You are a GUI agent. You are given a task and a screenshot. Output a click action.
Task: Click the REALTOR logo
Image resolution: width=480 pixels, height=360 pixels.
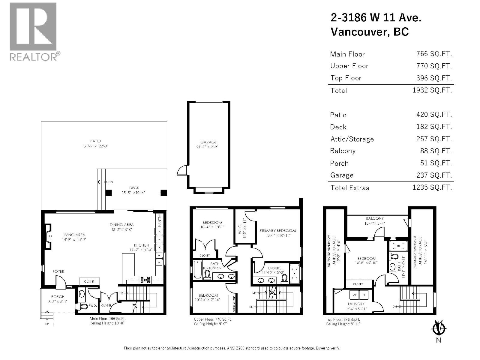coord(33,31)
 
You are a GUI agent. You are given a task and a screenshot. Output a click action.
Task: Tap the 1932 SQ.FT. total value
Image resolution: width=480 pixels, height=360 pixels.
coord(432,90)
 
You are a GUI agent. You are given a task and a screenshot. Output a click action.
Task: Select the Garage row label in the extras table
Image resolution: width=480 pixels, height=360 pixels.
coord(342,175)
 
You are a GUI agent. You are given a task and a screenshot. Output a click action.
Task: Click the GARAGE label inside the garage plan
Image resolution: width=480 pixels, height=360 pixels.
coord(208,142)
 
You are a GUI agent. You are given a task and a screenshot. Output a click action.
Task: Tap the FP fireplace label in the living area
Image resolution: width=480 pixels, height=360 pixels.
coord(50,237)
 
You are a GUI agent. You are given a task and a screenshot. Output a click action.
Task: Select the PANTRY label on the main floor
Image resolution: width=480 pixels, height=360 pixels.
coord(160,220)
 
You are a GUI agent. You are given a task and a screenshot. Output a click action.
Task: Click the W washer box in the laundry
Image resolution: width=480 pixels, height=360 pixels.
coord(354,295)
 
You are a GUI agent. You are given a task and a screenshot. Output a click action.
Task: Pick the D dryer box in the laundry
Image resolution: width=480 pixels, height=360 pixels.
coord(364,295)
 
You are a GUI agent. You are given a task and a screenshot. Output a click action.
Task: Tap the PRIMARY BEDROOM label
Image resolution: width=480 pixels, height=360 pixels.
coord(278,230)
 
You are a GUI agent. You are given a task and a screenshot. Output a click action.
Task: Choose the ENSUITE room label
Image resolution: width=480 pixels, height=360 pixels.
coord(275,268)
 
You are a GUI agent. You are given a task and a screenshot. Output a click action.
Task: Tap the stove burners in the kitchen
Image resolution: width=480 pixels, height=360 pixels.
coord(145,280)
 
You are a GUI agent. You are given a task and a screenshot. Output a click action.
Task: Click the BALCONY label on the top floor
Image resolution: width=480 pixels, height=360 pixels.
coord(375,218)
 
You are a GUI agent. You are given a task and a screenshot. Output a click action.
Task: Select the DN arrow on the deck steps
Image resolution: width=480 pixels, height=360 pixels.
coord(105,182)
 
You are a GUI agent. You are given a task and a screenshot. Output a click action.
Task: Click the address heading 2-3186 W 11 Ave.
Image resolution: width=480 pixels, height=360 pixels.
coord(376,18)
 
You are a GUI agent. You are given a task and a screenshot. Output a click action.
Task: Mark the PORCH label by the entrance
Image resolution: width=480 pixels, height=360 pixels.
coord(58,296)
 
